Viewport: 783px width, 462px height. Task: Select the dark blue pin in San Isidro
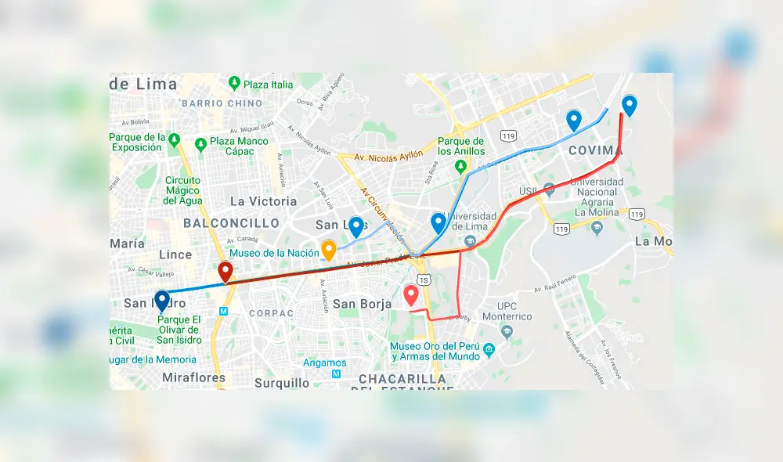click(162, 301)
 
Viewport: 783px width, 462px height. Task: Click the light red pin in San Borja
click(410, 295)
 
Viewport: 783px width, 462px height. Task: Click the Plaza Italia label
click(268, 85)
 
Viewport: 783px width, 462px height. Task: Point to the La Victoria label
click(263, 201)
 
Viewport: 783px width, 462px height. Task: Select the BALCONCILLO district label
click(231, 223)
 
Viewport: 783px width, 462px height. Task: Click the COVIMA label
click(595, 150)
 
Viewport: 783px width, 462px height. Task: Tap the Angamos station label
click(324, 363)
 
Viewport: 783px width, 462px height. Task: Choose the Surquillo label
click(282, 383)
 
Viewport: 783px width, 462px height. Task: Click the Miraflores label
click(193, 377)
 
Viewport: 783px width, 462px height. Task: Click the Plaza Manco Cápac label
click(239, 146)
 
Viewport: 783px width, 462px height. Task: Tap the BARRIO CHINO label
click(222, 103)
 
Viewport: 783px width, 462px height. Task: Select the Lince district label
click(175, 254)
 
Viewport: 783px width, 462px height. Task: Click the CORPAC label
click(271, 312)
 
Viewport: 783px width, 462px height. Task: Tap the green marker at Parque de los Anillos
click(461, 166)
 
